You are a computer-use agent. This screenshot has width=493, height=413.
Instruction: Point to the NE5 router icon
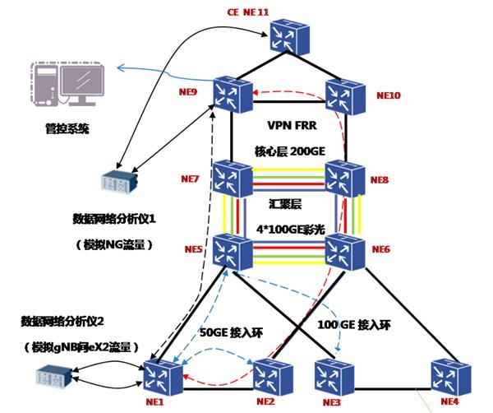click(232, 250)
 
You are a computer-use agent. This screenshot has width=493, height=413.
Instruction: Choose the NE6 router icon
click(344, 250)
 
